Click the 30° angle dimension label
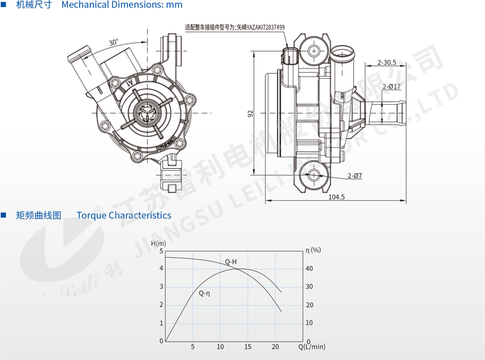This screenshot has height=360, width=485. point(113,42)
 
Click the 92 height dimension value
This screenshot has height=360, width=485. point(251,113)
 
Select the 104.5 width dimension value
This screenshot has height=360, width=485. point(336,197)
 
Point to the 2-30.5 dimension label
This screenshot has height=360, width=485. point(387,63)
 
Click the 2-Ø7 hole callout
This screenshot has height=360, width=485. point(355,175)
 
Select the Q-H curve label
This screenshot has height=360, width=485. point(231,262)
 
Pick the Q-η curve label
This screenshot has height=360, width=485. point(204,293)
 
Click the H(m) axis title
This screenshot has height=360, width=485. point(158,244)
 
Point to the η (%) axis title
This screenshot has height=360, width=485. point(313,249)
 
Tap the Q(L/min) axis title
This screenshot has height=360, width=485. point(312,347)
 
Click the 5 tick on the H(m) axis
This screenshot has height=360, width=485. point(161,250)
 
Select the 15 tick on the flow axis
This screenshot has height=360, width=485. point(248,347)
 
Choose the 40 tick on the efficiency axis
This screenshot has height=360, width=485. point(310,268)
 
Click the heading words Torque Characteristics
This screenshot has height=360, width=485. point(124,215)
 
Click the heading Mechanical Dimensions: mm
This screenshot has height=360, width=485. point(122,5)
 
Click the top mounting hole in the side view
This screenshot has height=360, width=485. point(314,51)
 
